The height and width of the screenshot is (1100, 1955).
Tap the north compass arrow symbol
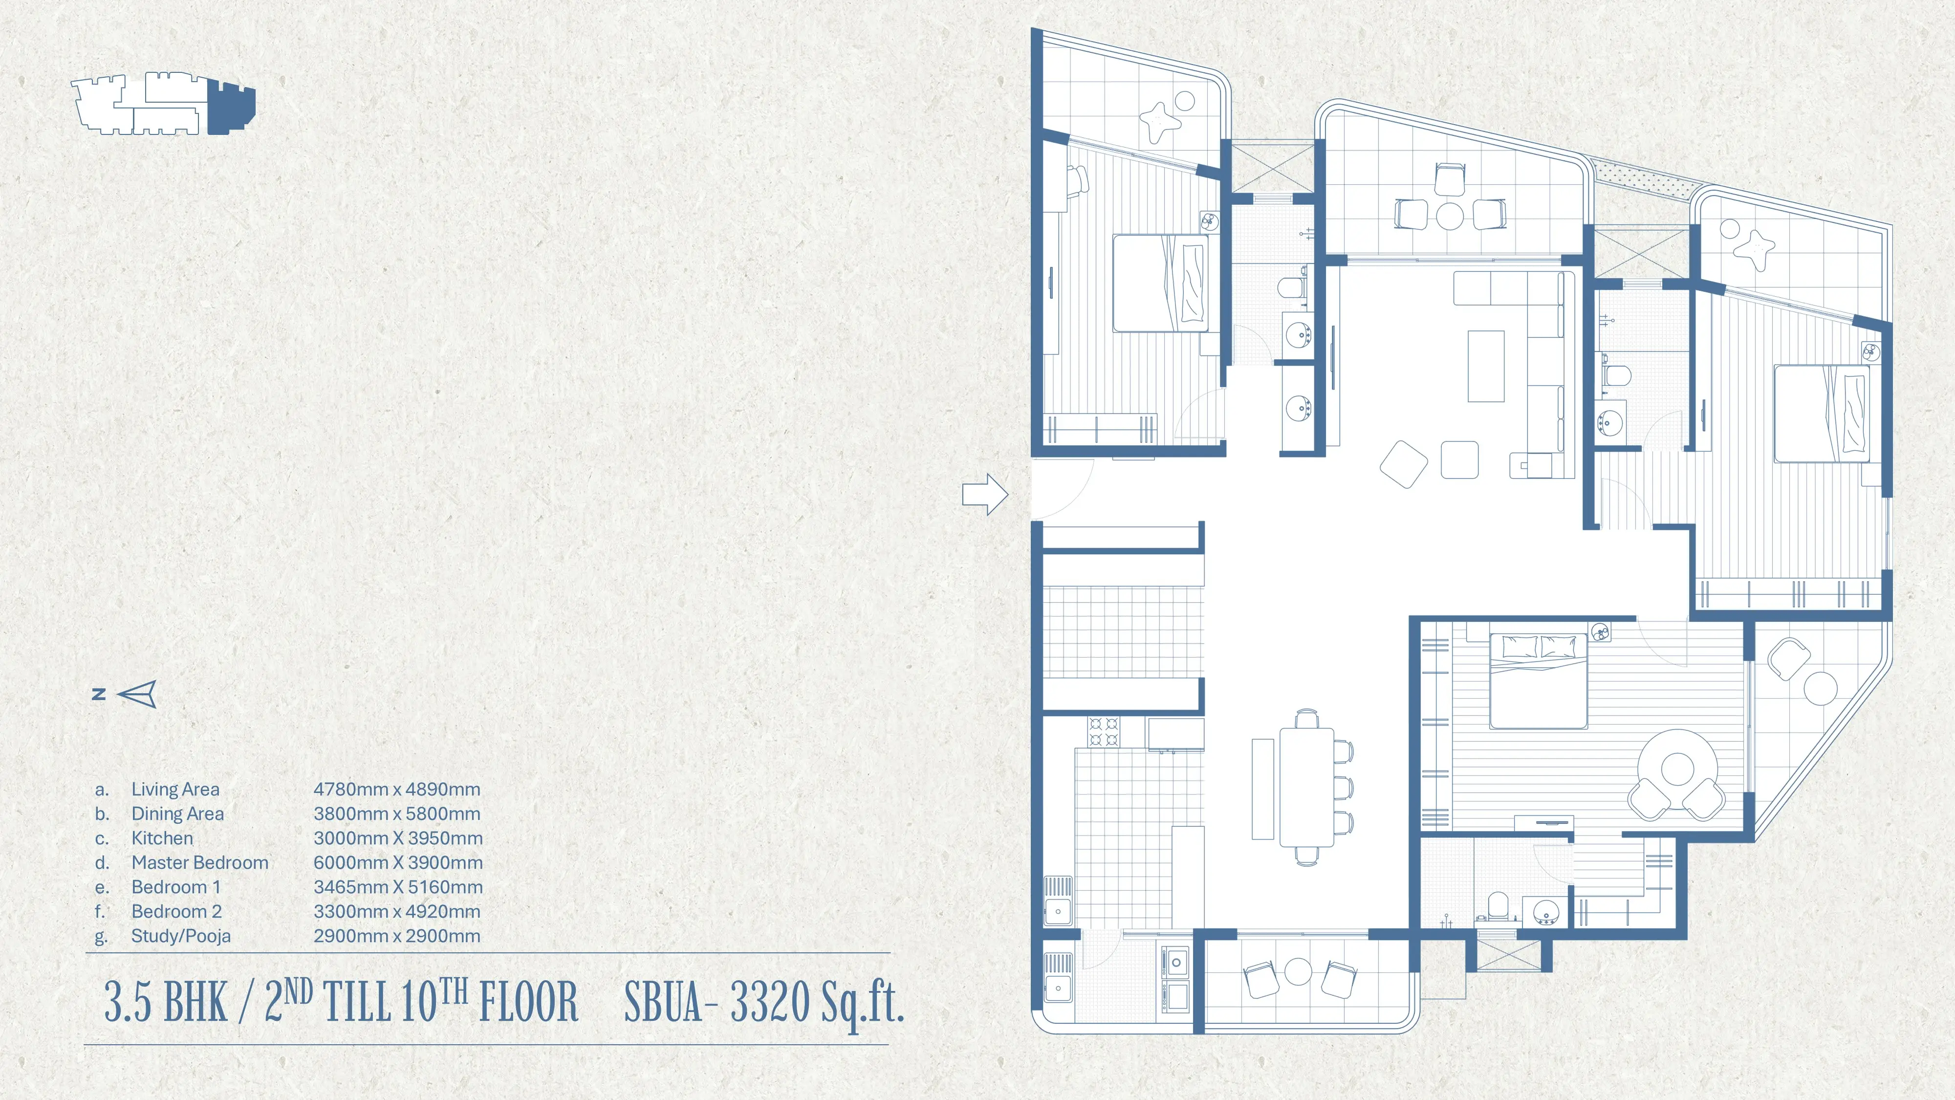click(x=137, y=694)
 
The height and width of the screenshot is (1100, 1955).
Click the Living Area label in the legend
click(x=175, y=790)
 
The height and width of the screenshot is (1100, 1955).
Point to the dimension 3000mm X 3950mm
click(x=398, y=838)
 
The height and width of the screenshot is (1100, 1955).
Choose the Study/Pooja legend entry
click(x=181, y=936)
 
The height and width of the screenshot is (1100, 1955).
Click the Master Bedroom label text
click(x=199, y=862)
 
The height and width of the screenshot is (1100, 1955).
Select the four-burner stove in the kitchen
click(x=1104, y=732)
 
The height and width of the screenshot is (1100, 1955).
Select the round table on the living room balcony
click(x=1450, y=215)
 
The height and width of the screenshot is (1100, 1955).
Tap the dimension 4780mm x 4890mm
click(x=397, y=790)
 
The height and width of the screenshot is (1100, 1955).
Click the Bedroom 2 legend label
click(x=176, y=912)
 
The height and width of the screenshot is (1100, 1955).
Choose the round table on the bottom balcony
click(x=1299, y=972)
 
